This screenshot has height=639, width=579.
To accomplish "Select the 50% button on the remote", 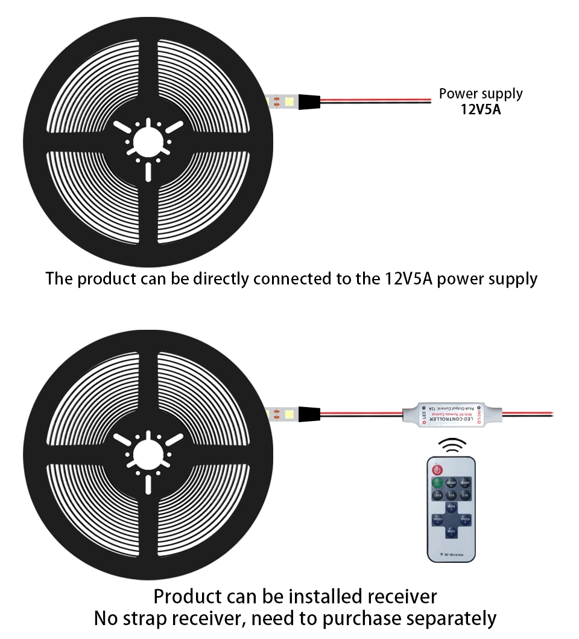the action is point(451,495).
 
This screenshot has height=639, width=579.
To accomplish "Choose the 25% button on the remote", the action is point(465,495).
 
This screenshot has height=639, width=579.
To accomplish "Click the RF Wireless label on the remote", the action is point(451,553).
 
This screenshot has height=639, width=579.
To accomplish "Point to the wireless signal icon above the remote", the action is point(451,446).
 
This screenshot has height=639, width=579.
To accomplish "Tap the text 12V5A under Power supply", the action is point(481,109).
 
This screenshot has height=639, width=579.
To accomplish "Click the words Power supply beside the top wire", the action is point(481,94).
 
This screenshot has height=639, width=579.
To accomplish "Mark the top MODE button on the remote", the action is point(451,506).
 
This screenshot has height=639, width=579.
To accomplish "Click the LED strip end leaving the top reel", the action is point(281,101).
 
